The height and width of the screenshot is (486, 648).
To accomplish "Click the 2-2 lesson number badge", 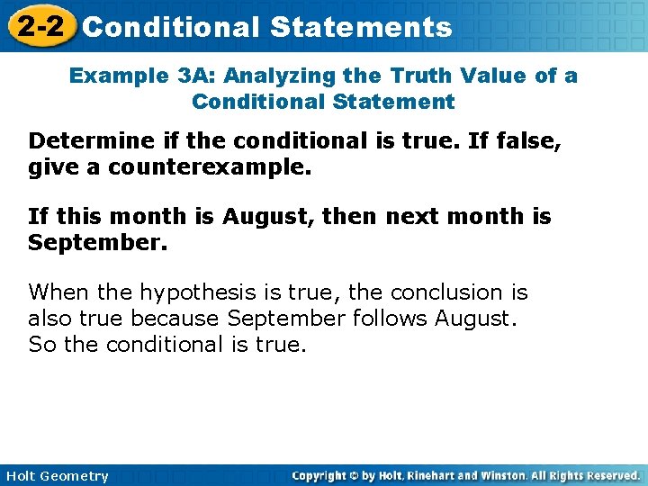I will pyautogui.click(x=40, y=26).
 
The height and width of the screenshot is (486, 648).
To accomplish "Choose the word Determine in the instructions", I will pyautogui.click(x=82, y=140).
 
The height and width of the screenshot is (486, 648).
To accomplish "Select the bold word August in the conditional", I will pyautogui.click(x=265, y=217).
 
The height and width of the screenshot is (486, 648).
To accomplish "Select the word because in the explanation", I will pyautogui.click(x=175, y=319).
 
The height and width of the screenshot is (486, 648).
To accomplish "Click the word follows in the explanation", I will pyautogui.click(x=390, y=319).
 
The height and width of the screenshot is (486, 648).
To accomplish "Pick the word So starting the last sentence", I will pyautogui.click(x=41, y=344).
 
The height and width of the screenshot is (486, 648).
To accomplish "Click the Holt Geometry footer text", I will pyautogui.click(x=57, y=476).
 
